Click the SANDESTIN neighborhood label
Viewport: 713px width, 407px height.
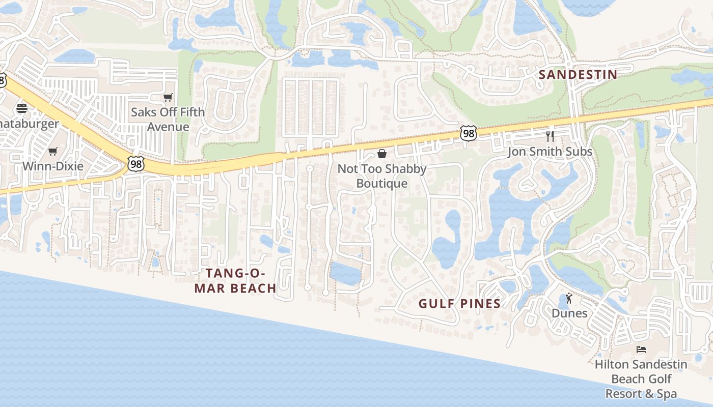pyautogui.click(x=578, y=75)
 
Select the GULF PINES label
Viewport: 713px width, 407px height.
pyautogui.click(x=459, y=304)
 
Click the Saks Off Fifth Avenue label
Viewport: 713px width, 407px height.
pyautogui.click(x=168, y=119)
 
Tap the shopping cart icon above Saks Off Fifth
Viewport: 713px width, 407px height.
pyautogui.click(x=168, y=97)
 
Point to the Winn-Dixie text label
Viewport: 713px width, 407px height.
pyautogui.click(x=53, y=166)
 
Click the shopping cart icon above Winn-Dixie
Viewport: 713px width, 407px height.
pyautogui.click(x=53, y=151)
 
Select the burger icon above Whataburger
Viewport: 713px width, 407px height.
pyautogui.click(x=22, y=108)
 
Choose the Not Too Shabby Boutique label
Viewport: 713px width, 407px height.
pyautogui.click(x=382, y=176)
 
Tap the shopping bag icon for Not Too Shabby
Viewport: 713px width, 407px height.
pyautogui.click(x=382, y=154)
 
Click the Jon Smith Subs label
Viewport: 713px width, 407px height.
pyautogui.click(x=550, y=152)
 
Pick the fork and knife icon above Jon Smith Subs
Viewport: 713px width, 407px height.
pyautogui.click(x=550, y=136)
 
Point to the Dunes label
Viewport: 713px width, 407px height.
pyautogui.click(x=569, y=313)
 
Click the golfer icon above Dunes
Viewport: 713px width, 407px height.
pyautogui.click(x=569, y=298)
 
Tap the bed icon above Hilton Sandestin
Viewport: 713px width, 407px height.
pyautogui.click(x=641, y=350)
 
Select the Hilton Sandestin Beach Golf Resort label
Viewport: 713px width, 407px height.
pyautogui.click(x=641, y=379)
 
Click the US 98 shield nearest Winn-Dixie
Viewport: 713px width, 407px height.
pyautogui.click(x=136, y=164)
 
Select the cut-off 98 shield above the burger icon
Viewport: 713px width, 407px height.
pyautogui.click(x=3, y=80)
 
